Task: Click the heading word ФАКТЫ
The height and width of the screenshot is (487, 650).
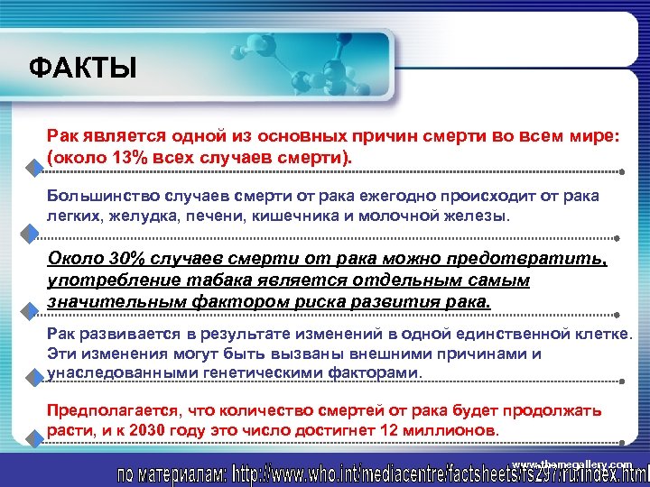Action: [83, 68]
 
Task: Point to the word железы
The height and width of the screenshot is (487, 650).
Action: [484, 217]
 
